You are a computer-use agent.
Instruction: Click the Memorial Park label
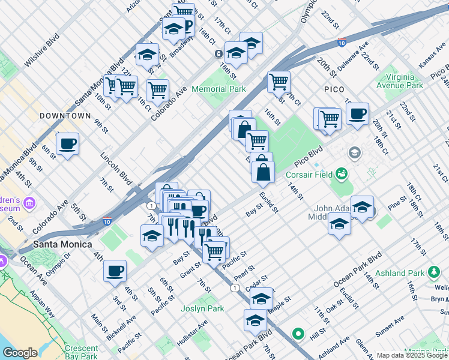pyautogui.click(x=218, y=89)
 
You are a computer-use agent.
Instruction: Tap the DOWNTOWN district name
pyautogui.click(x=65, y=115)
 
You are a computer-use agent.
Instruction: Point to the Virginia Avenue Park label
pyautogui.click(x=394, y=81)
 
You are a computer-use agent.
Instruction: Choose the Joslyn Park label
pyautogui.click(x=202, y=309)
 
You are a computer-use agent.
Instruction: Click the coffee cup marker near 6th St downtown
pyautogui.click(x=68, y=144)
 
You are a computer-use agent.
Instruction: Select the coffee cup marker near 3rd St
pyautogui.click(x=115, y=271)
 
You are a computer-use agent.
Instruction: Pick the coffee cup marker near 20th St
pyautogui.click(x=358, y=113)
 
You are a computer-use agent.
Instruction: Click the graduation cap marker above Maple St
pyautogui.click(x=261, y=298)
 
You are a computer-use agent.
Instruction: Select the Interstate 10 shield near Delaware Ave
pyautogui.click(x=342, y=43)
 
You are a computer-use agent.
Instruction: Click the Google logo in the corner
pyautogui.click(x=20, y=353)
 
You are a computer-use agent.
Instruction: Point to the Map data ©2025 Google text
pyautogui.click(x=411, y=355)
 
